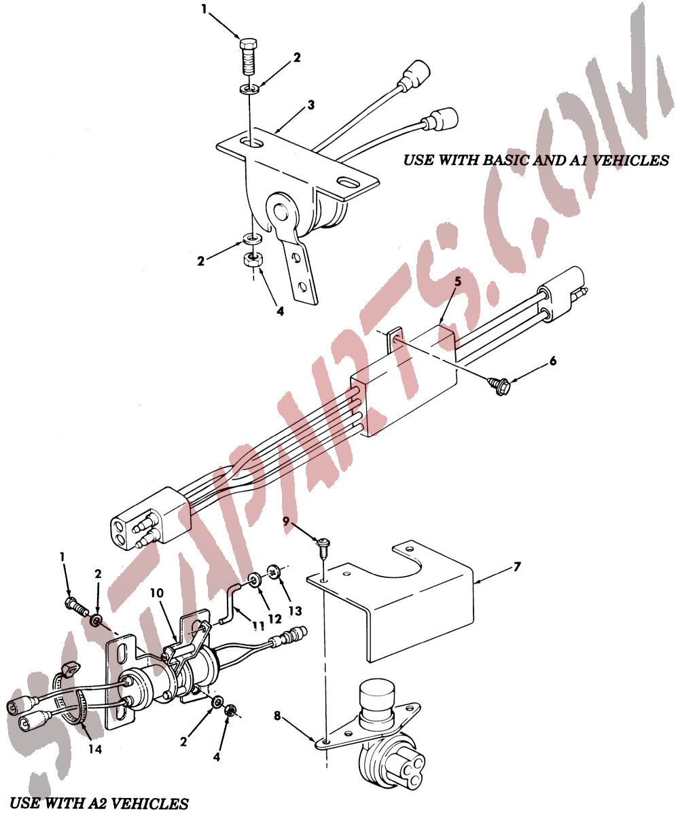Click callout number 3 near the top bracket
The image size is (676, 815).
click(x=310, y=105)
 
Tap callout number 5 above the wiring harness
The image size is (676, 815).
click(x=458, y=281)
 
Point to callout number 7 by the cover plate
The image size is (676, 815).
click(x=516, y=566)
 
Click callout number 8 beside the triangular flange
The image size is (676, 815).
click(x=277, y=716)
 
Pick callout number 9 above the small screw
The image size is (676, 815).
click(x=286, y=521)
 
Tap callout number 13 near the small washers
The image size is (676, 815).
click(x=296, y=611)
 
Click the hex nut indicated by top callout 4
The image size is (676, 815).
click(x=252, y=259)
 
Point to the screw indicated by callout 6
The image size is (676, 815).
click(x=499, y=385)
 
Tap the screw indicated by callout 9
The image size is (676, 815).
click(x=324, y=547)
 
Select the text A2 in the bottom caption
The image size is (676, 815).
click(x=100, y=803)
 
